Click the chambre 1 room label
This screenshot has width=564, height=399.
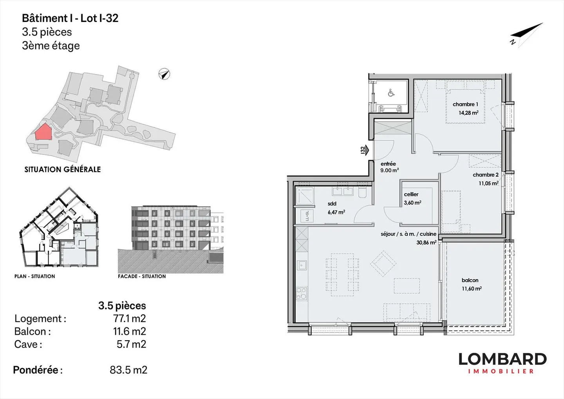coord(465,104)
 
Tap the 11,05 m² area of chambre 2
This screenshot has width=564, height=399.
coord(488,183)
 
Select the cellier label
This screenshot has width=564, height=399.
coord(411,194)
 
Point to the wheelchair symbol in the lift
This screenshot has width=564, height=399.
coord(391,93)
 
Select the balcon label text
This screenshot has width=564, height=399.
coord(470,280)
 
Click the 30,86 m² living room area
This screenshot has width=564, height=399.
coord(426,243)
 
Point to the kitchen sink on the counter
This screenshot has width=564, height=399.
coord(302,265)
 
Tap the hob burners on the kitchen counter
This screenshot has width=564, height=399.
coord(302,294)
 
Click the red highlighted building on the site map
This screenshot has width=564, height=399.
coord(43,132)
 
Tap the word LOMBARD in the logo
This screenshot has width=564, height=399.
coord(503,359)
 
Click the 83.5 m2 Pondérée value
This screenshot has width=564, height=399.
coord(128,370)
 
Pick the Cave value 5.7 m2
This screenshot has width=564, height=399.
coord(132,344)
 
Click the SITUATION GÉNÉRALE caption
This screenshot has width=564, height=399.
coord(62,169)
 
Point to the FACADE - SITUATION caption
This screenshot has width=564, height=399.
coord(142,276)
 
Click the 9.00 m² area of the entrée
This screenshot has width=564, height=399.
coord(389,170)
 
